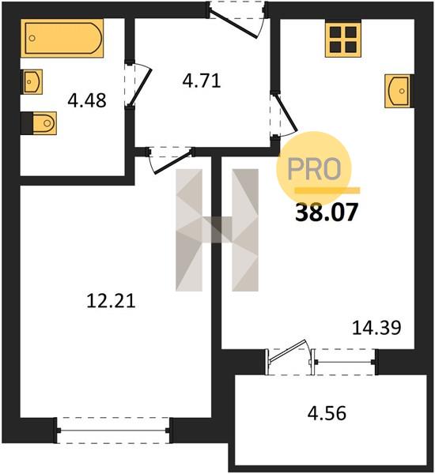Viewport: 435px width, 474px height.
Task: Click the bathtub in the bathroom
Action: (x=62, y=38)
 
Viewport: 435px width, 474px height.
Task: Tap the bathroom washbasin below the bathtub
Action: (x=32, y=81)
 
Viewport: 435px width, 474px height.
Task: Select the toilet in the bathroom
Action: (x=39, y=123)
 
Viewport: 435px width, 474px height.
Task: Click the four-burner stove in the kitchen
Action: (x=343, y=39)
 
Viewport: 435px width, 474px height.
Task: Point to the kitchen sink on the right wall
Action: (x=399, y=91)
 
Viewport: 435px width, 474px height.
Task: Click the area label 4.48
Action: (x=87, y=100)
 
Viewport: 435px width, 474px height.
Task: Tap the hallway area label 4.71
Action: (x=202, y=81)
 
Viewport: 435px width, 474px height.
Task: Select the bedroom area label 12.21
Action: (x=111, y=302)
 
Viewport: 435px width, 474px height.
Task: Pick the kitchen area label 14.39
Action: (x=377, y=328)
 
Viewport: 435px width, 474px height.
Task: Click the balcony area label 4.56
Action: (x=327, y=413)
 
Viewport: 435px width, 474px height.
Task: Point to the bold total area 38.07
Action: (x=327, y=213)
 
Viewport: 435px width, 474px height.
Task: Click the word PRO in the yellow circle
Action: (x=314, y=169)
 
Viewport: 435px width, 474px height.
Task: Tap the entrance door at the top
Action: (x=236, y=19)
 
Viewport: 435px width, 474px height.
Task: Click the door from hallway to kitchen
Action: (x=284, y=115)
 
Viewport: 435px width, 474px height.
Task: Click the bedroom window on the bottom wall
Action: (x=114, y=431)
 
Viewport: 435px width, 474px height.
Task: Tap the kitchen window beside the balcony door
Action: (x=344, y=362)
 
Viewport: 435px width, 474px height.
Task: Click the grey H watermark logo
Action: (x=217, y=230)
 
